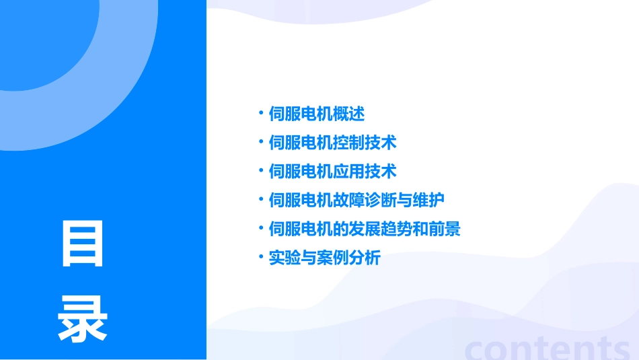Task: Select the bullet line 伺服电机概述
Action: point(316,114)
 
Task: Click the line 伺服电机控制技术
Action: point(332,143)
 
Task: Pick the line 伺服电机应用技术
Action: point(332,172)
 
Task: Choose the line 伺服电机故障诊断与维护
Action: point(356,201)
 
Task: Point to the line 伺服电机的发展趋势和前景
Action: point(364,229)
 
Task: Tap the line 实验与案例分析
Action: point(324,258)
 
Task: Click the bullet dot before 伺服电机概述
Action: point(261,113)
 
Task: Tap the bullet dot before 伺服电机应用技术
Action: point(261,170)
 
